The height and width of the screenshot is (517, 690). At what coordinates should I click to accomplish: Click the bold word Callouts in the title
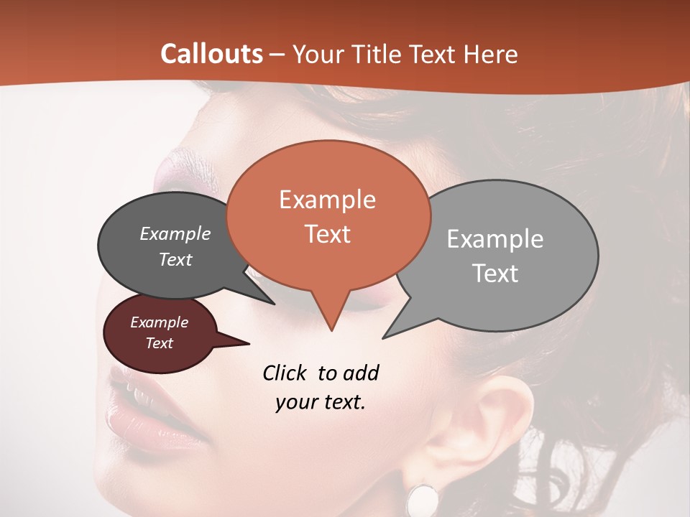click(x=211, y=54)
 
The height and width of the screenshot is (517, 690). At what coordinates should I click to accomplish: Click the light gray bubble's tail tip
click(x=385, y=337)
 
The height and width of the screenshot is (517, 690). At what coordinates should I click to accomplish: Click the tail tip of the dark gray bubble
click(x=272, y=303)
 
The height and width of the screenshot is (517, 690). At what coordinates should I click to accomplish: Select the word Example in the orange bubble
click(x=327, y=200)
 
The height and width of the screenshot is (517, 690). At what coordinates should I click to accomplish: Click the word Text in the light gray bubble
click(x=496, y=274)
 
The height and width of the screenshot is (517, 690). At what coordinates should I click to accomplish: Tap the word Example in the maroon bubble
click(x=159, y=322)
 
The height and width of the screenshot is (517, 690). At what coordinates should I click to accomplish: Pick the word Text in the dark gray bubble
click(x=175, y=260)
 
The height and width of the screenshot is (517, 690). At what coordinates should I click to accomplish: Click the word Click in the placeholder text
click(x=284, y=373)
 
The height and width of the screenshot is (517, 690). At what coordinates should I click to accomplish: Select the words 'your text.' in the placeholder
click(x=321, y=403)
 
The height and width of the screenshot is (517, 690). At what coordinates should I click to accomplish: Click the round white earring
click(x=423, y=499)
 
